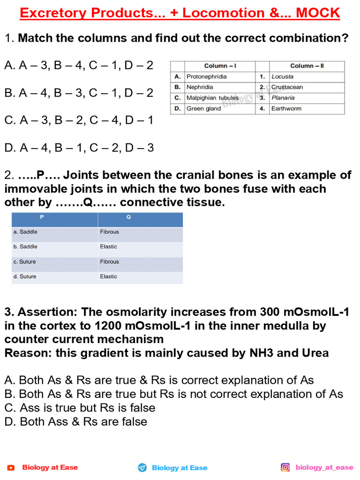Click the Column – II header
pos(307,66)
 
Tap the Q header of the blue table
pos(140,217)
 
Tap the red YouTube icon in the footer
pos(11,467)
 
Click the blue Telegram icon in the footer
pos(142,467)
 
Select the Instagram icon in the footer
pos(285,467)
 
